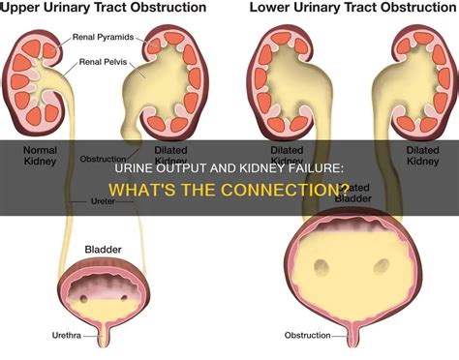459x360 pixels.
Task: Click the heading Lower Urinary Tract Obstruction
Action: point(352,9)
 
